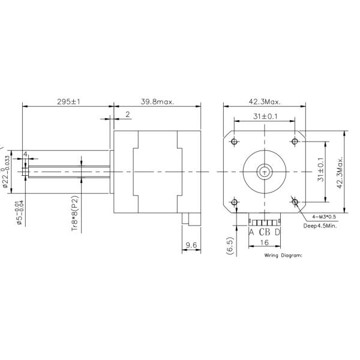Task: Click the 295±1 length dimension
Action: click(x=68, y=101)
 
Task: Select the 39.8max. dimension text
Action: click(x=157, y=101)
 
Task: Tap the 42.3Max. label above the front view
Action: click(x=263, y=101)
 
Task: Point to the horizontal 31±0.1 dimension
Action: click(x=264, y=116)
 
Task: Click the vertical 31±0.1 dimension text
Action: click(x=320, y=172)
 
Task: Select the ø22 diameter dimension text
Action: click(x=6, y=172)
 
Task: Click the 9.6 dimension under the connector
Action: click(x=191, y=244)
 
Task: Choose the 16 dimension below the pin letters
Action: click(x=264, y=244)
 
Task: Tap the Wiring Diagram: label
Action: click(x=283, y=254)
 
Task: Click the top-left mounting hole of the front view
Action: click(x=234, y=141)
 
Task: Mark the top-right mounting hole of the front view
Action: click(x=295, y=141)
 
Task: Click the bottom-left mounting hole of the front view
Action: click(x=234, y=202)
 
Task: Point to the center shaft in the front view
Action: click(x=264, y=172)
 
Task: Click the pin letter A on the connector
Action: click(x=251, y=232)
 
